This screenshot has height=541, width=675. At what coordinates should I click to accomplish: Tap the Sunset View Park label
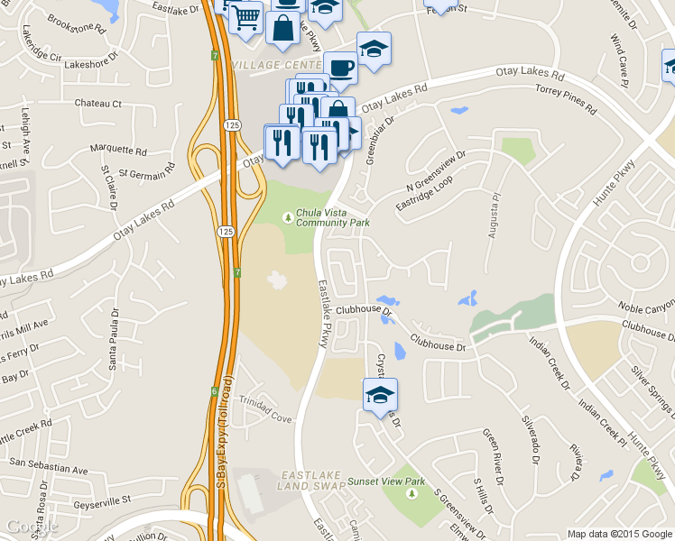385,481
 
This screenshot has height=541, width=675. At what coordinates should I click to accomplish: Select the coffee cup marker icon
340,68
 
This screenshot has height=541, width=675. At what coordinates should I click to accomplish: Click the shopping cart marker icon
245,17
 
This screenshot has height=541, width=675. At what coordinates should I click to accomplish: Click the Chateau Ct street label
97,104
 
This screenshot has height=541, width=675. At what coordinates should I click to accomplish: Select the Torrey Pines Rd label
566,100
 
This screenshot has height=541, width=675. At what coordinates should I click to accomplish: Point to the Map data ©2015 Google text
618,534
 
